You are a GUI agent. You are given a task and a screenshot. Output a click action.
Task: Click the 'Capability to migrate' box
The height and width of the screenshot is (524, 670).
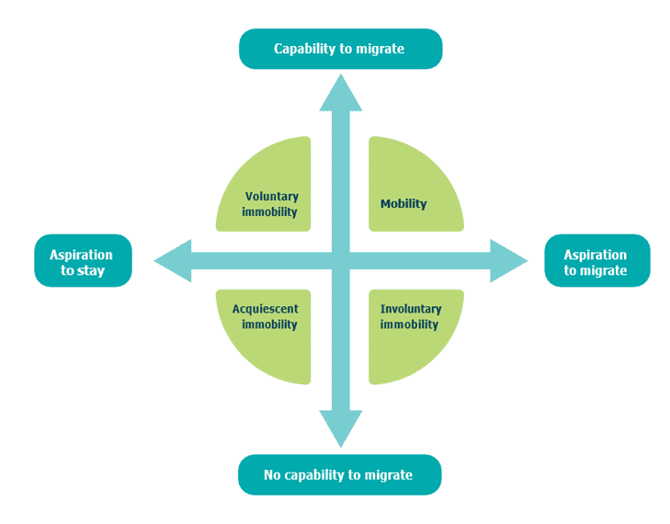(341, 49)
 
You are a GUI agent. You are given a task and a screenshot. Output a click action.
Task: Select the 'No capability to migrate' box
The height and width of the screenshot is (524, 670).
(340, 474)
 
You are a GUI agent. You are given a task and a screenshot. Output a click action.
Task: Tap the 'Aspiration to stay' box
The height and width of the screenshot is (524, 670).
(83, 261)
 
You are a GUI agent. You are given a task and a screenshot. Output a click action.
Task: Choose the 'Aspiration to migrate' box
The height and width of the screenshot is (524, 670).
(597, 261)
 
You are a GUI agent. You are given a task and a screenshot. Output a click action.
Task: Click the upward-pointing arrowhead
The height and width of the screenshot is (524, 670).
(341, 93)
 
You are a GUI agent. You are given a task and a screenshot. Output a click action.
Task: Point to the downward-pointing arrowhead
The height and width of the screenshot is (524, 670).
(341, 428)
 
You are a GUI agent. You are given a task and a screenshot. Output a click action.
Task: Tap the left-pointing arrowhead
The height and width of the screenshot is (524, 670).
(173, 261)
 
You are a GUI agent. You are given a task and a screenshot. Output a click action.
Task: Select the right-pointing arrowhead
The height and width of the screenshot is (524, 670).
(509, 261)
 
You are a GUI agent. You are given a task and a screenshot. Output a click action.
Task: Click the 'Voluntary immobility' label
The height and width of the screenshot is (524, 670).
(270, 204)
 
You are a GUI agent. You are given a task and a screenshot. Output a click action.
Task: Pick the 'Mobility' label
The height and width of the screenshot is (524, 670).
(403, 204)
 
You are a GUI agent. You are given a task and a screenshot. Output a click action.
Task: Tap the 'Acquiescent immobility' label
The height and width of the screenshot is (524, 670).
(266, 317)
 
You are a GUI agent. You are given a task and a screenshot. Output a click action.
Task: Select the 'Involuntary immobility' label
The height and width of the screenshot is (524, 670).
(411, 317)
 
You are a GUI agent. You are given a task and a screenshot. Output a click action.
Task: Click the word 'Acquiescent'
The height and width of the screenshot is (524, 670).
(266, 309)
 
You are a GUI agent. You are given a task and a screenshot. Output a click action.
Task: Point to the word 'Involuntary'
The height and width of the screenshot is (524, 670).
(411, 309)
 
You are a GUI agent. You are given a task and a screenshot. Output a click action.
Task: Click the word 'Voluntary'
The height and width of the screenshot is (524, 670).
(272, 197)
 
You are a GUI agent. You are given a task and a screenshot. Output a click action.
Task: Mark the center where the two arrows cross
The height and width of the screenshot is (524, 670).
(341, 261)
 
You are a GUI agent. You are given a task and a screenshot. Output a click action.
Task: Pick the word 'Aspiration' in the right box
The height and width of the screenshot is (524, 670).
(596, 256)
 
